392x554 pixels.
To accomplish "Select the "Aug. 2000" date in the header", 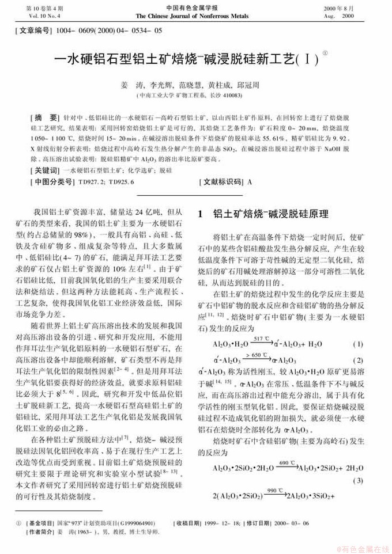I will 339,16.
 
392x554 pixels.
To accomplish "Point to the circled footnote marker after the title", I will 325,52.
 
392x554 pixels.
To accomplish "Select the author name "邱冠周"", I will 265,84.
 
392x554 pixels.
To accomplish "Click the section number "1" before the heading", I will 200,214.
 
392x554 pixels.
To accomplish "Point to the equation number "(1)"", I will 357,344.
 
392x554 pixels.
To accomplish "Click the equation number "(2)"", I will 357,360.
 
